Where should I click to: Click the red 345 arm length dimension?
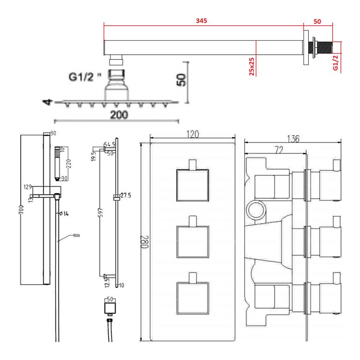pos(201,21)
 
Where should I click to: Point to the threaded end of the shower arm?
pos(325,47)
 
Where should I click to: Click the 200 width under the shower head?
pos(119,115)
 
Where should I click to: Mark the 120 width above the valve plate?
pos(193,134)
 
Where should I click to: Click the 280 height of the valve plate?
pos(145,242)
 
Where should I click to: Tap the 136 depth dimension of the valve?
pos(293,138)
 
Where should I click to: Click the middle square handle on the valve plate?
pos(193,242)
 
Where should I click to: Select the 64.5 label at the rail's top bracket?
pos(109,144)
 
